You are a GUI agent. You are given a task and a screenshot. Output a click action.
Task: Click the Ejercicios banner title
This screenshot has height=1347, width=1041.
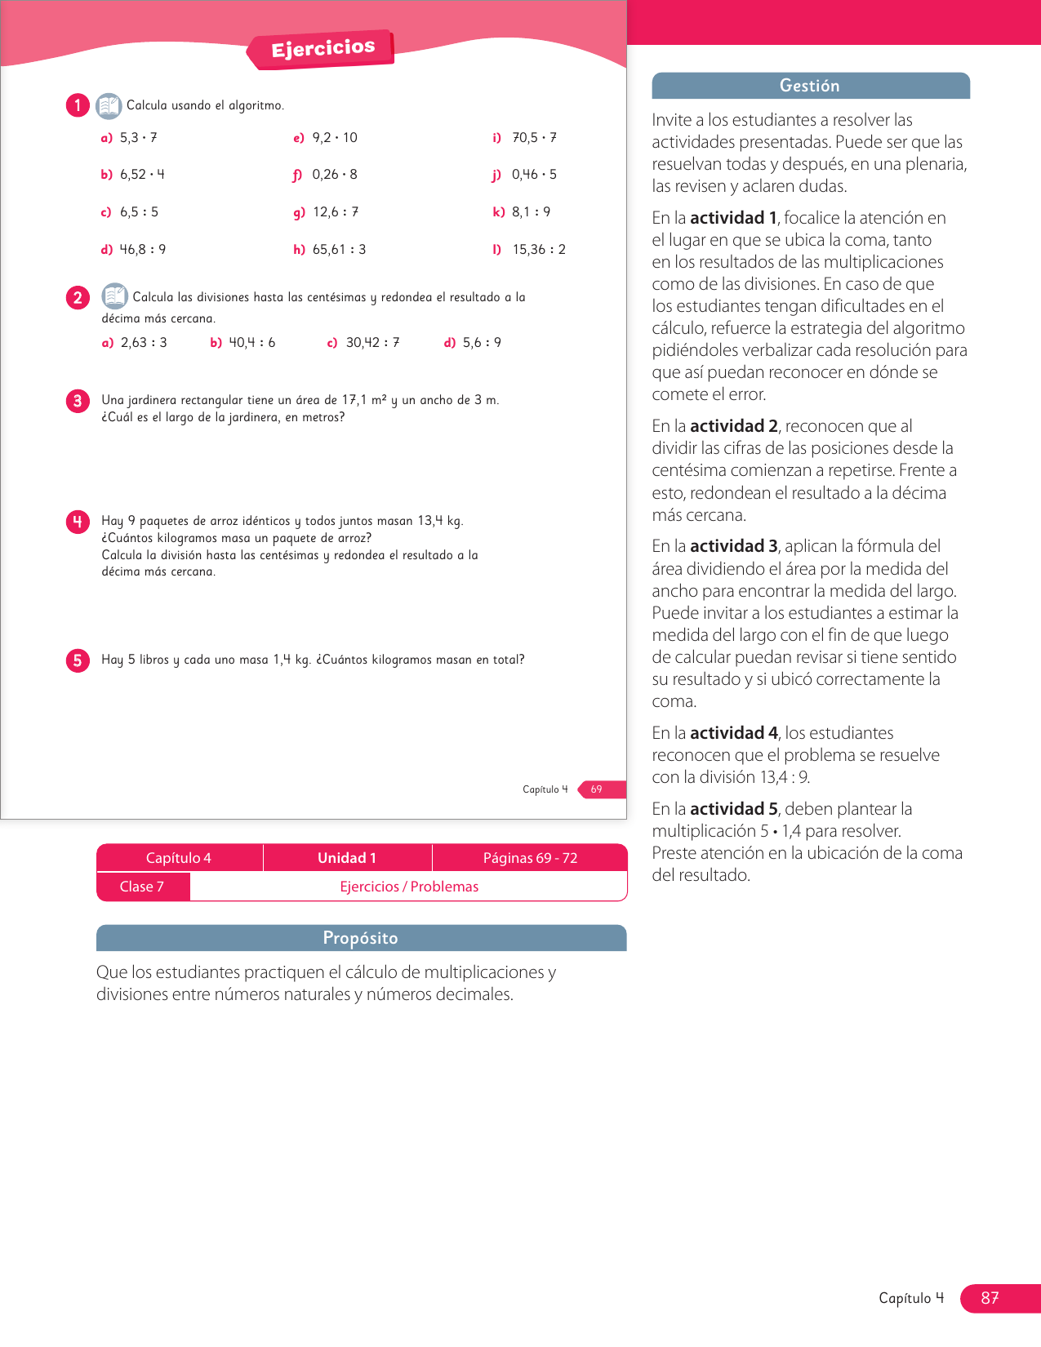[323, 49]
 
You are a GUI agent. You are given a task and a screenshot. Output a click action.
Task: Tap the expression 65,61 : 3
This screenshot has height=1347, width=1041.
[339, 250]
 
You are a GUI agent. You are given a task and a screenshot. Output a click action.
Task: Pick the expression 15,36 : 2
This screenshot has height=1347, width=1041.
[539, 250]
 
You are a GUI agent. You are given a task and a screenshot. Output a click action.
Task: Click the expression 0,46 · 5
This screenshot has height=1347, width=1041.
[534, 175]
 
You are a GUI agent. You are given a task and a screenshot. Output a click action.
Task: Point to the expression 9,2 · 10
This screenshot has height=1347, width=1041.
[335, 138]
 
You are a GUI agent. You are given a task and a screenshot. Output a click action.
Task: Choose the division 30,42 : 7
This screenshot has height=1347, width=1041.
[372, 343]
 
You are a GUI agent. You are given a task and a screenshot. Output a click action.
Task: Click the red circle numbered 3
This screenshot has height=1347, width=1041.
[78, 401]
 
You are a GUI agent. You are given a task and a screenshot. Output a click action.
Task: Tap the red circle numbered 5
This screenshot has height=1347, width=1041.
[78, 660]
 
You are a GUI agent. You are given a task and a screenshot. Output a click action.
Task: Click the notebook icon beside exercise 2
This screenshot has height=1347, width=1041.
[114, 296]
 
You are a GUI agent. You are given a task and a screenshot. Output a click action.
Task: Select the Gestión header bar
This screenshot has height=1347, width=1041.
[810, 86]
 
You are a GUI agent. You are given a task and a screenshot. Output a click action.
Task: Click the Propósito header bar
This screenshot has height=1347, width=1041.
[361, 938]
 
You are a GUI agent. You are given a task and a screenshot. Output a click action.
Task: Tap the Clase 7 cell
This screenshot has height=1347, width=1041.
[142, 887]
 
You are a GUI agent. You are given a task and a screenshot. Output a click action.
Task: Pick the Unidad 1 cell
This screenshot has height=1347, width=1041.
[347, 858]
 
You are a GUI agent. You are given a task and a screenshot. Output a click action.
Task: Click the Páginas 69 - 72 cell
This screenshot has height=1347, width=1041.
[530, 858]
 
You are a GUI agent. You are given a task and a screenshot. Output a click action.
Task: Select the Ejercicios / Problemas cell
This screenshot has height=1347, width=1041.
[409, 887]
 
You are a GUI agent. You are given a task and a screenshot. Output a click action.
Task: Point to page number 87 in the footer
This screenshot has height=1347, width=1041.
[990, 1298]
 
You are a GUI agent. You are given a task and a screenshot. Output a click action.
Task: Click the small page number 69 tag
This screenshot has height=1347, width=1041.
[597, 789]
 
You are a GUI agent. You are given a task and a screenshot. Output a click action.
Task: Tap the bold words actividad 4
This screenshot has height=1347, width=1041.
[734, 733]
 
